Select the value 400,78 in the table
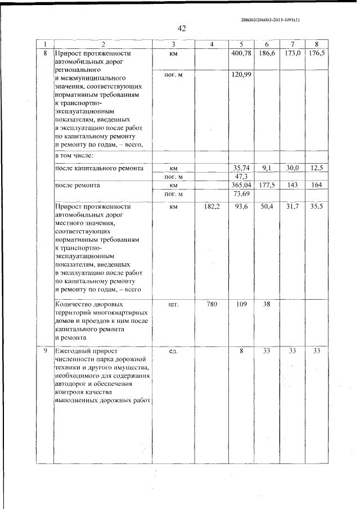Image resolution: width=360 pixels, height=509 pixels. [x=241, y=53]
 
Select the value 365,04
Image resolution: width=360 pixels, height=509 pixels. [x=241, y=185]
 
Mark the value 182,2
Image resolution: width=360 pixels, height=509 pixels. [x=211, y=207]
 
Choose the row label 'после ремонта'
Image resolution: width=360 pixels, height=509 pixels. [x=77, y=185]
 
